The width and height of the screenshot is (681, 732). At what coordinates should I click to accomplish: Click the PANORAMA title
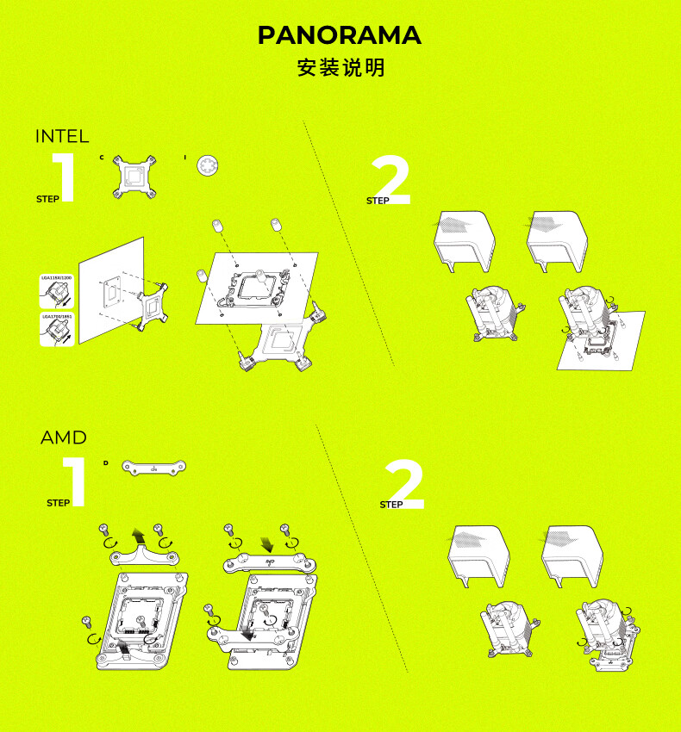click(340, 35)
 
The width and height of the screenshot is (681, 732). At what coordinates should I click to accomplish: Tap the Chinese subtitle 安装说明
click(340, 68)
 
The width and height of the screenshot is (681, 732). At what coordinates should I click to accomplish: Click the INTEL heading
click(62, 136)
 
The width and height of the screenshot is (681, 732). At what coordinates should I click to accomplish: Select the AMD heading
click(64, 437)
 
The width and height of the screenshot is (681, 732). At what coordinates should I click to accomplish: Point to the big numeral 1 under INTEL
click(64, 178)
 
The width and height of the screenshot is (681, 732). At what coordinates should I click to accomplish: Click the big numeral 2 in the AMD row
click(404, 484)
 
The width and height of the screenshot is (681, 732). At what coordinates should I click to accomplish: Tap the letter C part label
click(101, 158)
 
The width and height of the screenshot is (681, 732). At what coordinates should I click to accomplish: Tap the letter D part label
click(105, 463)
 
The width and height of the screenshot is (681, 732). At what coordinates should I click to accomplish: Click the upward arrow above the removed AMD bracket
click(138, 528)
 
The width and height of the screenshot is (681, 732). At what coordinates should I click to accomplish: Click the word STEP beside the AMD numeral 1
click(59, 503)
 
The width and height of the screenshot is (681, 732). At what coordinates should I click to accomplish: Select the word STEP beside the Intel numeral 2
click(378, 201)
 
